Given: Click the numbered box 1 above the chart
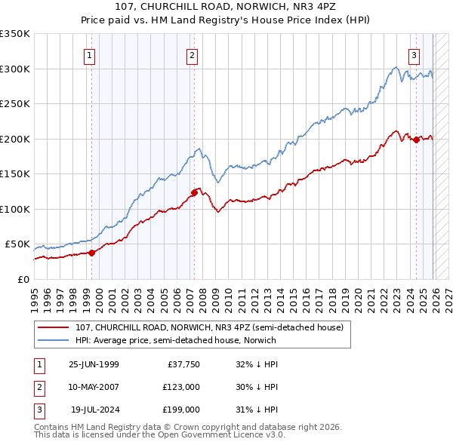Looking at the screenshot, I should click(x=90, y=54).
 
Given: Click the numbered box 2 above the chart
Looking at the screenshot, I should click(x=193, y=54).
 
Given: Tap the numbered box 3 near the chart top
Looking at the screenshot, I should click(x=414, y=54).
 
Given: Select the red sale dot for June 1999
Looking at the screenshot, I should click(x=91, y=253).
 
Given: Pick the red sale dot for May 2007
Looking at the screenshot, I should click(x=194, y=192).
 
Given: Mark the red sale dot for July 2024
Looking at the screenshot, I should click(x=416, y=139).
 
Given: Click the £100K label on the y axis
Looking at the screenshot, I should click(x=15, y=209).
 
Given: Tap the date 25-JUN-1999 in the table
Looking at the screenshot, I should click(x=94, y=364).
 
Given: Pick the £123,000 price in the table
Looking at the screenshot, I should click(x=180, y=387).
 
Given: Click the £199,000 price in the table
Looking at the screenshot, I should click(x=180, y=410).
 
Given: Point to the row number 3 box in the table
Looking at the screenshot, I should click(x=38, y=410).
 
